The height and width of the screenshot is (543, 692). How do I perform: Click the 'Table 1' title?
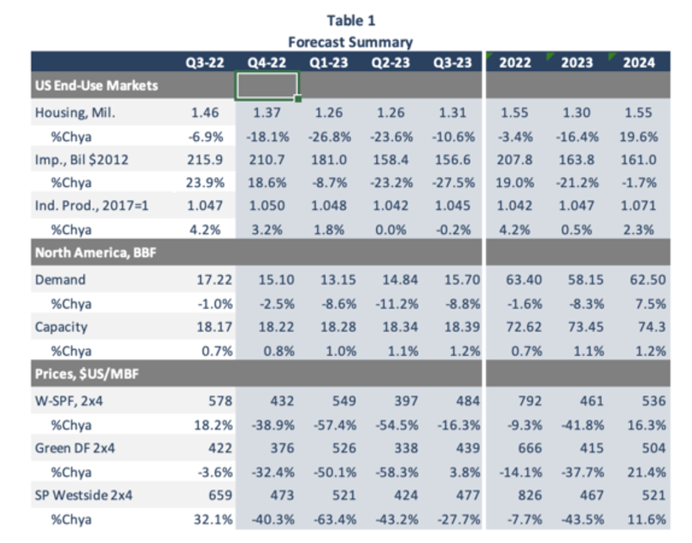(350, 21)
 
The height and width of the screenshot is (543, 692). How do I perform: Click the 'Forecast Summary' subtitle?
(350, 42)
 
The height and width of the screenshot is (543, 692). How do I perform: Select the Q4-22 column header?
(267, 62)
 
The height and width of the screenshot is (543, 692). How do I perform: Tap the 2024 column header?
(638, 62)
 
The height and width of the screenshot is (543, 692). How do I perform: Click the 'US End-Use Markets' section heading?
(96, 86)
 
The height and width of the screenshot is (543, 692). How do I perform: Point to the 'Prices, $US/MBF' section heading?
(86, 375)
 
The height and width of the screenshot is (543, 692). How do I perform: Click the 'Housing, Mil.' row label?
(75, 113)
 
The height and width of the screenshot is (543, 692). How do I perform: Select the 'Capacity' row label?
(61, 326)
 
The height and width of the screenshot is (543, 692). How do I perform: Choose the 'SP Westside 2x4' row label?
(84, 495)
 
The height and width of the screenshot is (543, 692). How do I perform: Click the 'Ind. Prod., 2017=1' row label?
(92, 206)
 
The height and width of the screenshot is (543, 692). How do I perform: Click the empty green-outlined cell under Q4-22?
(267, 86)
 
